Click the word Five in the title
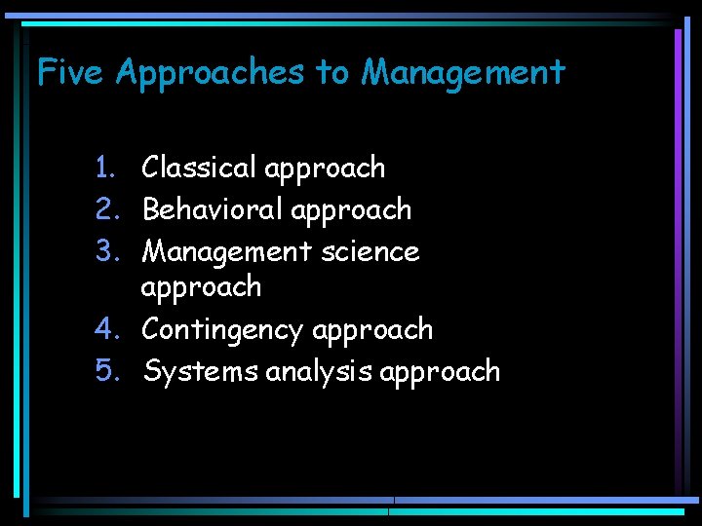[70, 72]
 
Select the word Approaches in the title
[210, 73]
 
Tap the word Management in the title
[463, 72]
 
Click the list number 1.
[106, 168]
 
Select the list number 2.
[106, 209]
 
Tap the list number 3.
[106, 251]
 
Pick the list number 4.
[106, 329]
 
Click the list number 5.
[106, 371]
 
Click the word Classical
[199, 168]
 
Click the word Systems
[200, 372]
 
